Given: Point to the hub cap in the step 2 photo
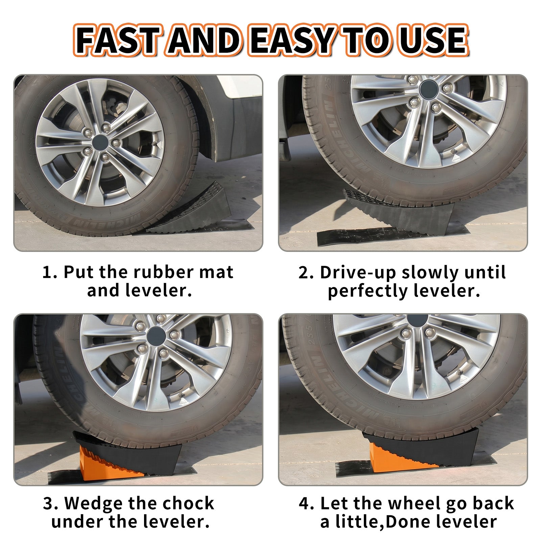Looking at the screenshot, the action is pyautogui.click(x=428, y=89).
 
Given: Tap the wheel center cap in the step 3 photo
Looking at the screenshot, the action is pyautogui.click(x=156, y=336).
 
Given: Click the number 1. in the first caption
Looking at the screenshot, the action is pyautogui.click(x=50, y=272).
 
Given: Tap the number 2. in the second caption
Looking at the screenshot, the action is pyautogui.click(x=306, y=272).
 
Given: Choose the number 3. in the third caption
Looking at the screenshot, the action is pyautogui.click(x=51, y=503).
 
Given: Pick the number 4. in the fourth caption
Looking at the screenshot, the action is pyautogui.click(x=307, y=503).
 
